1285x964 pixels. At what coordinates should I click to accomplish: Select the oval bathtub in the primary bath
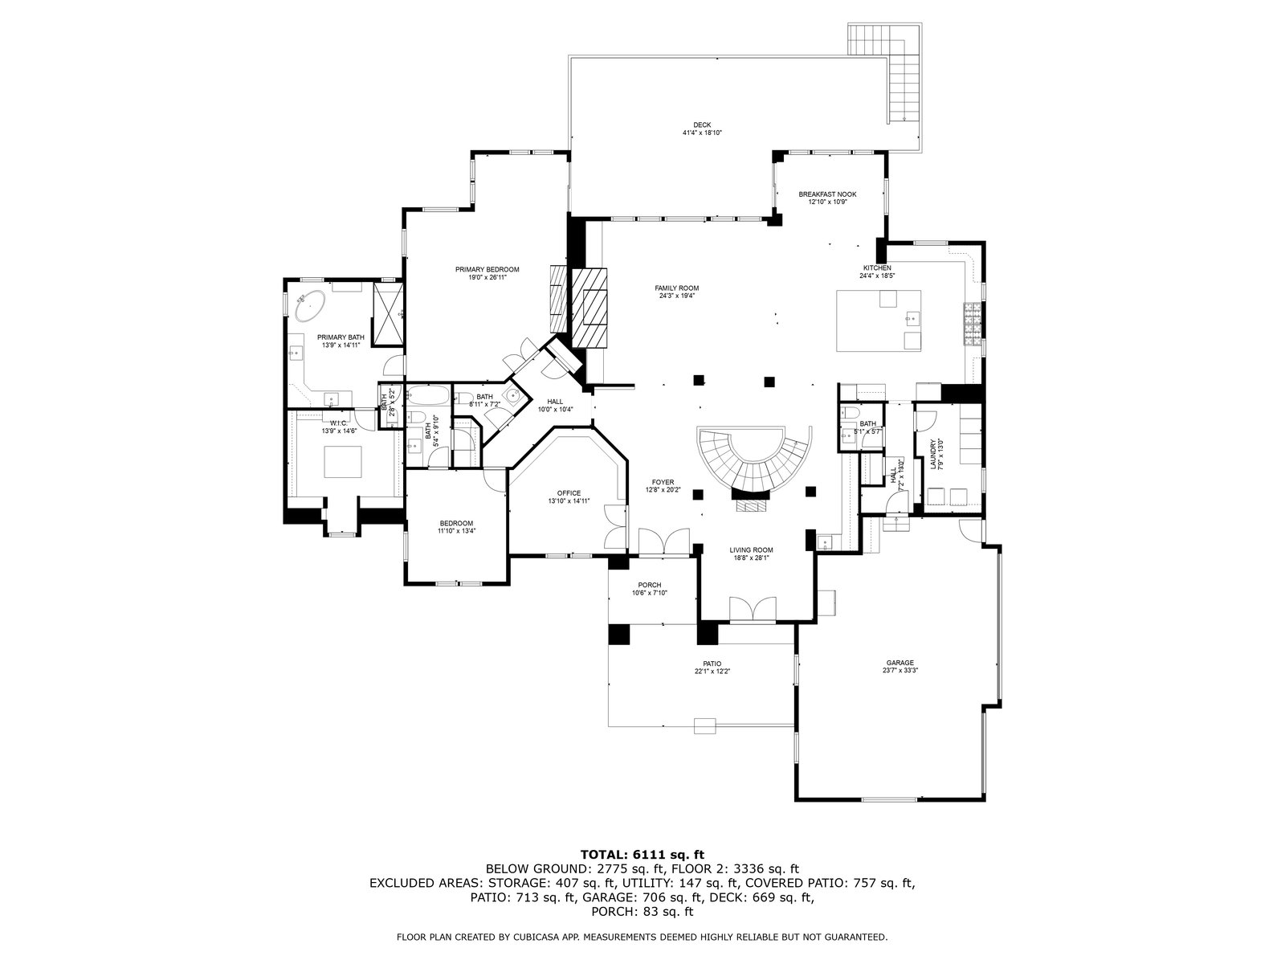(x=310, y=307)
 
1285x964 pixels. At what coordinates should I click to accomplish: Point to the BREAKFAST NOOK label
(x=827, y=194)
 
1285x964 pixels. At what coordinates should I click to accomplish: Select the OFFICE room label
(x=569, y=493)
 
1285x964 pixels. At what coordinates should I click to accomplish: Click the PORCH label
(x=649, y=585)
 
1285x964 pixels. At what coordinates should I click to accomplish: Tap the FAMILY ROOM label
(x=677, y=288)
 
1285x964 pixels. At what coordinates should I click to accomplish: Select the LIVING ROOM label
(x=751, y=550)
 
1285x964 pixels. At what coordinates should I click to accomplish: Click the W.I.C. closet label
(x=337, y=423)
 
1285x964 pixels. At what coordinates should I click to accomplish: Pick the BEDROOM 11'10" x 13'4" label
(x=455, y=524)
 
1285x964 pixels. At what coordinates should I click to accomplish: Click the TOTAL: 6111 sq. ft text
(x=642, y=854)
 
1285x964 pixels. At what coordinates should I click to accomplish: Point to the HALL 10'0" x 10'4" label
(x=555, y=402)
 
